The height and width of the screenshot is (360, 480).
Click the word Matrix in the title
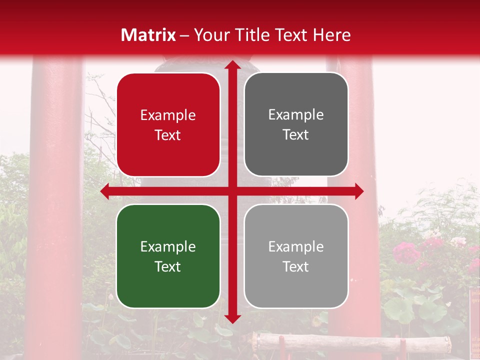(148, 35)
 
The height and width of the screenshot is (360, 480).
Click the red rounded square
(168, 124)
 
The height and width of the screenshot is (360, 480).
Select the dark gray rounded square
(296, 124)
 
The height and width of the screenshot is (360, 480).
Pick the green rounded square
(168, 256)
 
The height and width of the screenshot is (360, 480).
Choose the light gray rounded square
(296, 256)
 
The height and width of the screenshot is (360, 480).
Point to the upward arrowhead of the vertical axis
(232, 65)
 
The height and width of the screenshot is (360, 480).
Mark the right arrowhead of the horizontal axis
(358, 191)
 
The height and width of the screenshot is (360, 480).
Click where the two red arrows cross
(232, 191)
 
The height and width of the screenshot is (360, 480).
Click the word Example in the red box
(168, 115)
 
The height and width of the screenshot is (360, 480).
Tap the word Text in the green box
(168, 266)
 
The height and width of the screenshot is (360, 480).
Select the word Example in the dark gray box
(296, 115)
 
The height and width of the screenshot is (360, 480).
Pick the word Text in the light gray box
(296, 266)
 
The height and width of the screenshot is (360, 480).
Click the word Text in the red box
(168, 135)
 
